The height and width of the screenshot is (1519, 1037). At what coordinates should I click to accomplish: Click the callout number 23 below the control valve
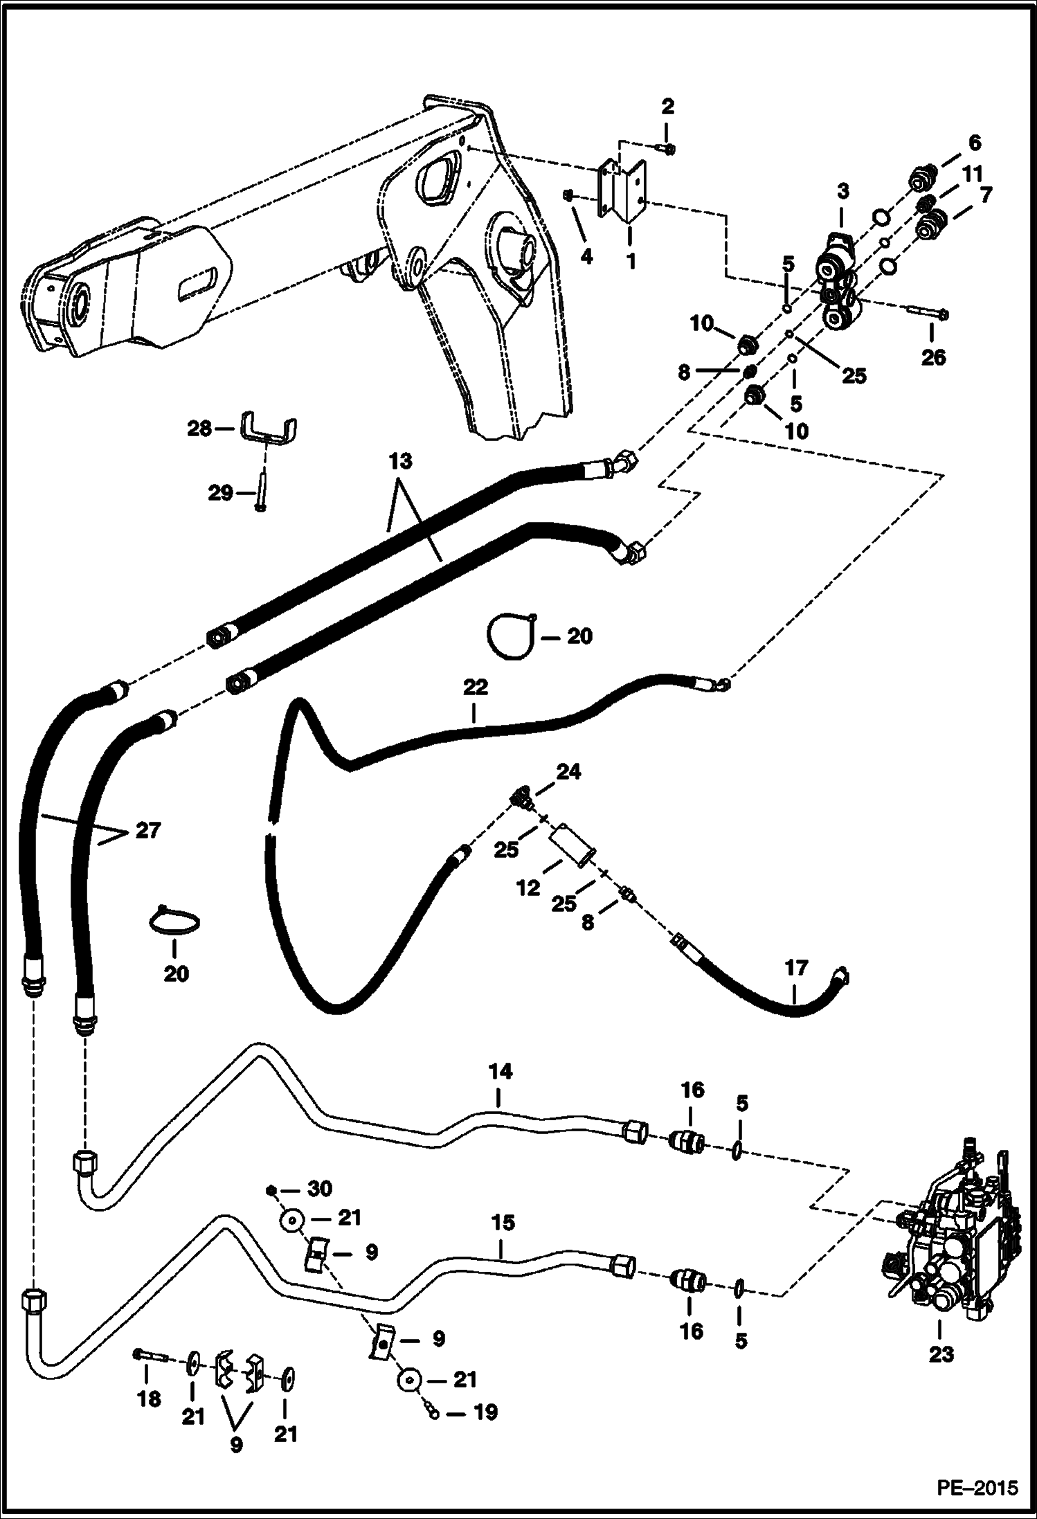[x=941, y=1354]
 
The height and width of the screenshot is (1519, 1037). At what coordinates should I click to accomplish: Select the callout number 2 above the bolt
[x=667, y=107]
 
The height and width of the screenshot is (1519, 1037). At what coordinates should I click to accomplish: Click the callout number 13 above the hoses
[x=400, y=461]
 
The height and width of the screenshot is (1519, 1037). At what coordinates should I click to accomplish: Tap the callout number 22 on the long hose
[x=475, y=687]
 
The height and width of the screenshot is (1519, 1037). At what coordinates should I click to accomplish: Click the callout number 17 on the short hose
[x=795, y=968]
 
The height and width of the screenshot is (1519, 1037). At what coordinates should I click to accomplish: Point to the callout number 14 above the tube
[x=500, y=1072]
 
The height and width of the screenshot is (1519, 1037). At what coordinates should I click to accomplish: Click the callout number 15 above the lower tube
[x=503, y=1223]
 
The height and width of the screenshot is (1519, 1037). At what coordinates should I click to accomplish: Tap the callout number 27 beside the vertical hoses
[x=147, y=829]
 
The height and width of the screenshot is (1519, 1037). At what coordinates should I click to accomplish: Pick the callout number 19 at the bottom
[x=484, y=1412]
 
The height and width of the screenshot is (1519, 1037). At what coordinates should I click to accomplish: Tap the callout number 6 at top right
[x=974, y=143]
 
